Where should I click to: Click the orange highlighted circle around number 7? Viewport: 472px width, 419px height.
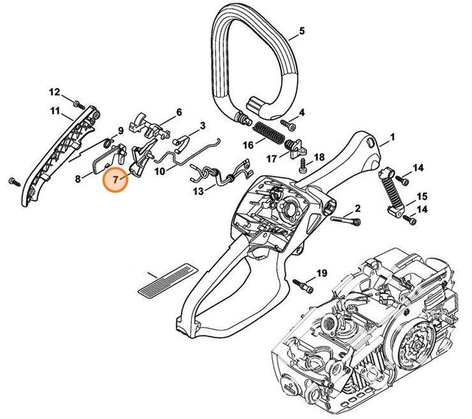(x=115, y=179)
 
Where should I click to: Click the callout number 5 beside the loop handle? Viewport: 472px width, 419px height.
(x=302, y=31)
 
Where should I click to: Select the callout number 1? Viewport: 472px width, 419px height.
(x=392, y=136)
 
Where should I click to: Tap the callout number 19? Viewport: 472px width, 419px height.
(x=321, y=274)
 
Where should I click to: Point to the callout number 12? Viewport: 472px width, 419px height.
(x=54, y=91)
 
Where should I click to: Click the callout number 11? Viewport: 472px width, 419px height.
(x=55, y=112)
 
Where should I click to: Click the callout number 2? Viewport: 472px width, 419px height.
(x=358, y=208)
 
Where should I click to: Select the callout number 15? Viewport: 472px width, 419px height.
(x=422, y=196)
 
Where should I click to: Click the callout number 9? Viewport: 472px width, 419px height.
(x=119, y=131)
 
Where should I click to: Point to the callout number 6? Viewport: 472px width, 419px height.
(x=179, y=112)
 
